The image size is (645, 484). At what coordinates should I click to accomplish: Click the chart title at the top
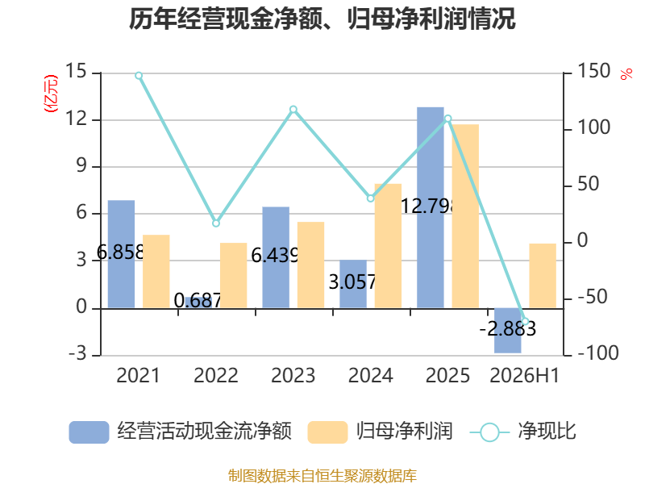(x=322, y=19)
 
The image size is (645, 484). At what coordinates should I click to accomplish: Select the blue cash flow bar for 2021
(x=122, y=254)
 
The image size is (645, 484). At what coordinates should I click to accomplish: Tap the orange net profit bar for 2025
(x=465, y=216)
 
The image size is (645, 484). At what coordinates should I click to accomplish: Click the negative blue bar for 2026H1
(x=508, y=331)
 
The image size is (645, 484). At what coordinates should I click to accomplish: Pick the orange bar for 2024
(x=388, y=246)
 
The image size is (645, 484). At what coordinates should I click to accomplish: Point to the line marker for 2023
(x=293, y=110)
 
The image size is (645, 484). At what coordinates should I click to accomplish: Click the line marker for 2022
(x=216, y=223)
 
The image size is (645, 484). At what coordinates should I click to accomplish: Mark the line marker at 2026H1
(x=525, y=321)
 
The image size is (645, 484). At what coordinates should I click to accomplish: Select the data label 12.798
(x=428, y=206)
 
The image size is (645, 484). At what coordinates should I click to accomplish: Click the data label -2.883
(x=508, y=329)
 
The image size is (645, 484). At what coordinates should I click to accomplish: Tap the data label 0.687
(x=198, y=300)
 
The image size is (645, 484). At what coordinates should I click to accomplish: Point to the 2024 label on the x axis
(x=371, y=375)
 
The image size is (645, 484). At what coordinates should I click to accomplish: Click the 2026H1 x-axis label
(x=525, y=375)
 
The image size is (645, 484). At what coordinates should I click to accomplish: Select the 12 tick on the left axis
(x=76, y=119)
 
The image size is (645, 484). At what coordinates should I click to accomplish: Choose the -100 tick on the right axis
(x=598, y=353)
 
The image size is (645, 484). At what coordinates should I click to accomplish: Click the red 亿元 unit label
(x=51, y=94)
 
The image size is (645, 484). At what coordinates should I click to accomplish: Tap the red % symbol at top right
(x=626, y=74)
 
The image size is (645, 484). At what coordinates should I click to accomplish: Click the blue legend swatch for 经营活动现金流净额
(x=89, y=432)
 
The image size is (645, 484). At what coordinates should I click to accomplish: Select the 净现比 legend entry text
(x=547, y=432)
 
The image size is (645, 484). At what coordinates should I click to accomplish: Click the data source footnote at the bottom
(x=322, y=475)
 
